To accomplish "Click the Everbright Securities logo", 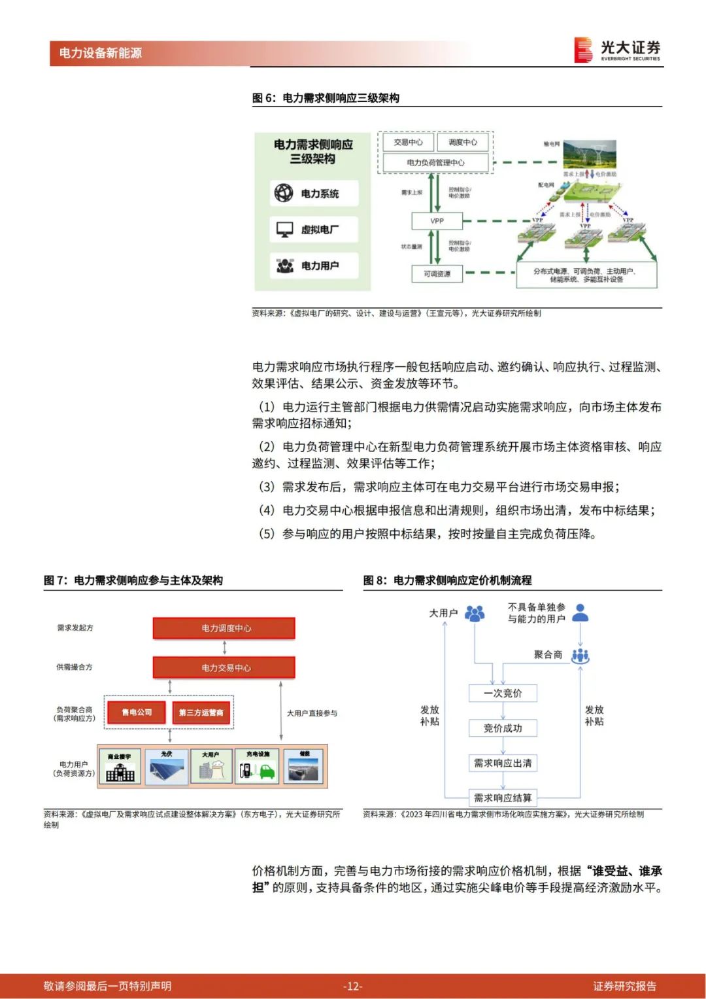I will coord(617,50).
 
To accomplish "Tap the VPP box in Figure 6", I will coord(437,221).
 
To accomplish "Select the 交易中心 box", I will coord(408,142).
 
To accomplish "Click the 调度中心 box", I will coord(462,142).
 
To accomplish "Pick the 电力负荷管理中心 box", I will coord(435,162).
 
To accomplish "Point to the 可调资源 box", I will coord(437,273).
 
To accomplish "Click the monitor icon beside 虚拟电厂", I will coord(284,230).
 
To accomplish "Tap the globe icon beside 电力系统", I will coord(284,193).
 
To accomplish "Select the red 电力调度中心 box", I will coord(224,628).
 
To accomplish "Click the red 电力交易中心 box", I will coord(224,668).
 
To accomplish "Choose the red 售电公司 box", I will coord(137,712).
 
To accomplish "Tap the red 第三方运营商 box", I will coord(201,712).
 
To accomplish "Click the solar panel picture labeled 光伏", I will coord(167,767).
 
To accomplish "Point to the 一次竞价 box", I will coord(503,693).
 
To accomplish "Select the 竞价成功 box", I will coord(503,728).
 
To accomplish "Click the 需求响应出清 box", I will coord(503,763).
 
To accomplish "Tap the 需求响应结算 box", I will coord(503,797).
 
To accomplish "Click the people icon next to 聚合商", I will coord(580,656).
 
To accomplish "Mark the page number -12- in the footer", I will coord(352,986).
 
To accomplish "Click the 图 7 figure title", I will coord(133,580).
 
